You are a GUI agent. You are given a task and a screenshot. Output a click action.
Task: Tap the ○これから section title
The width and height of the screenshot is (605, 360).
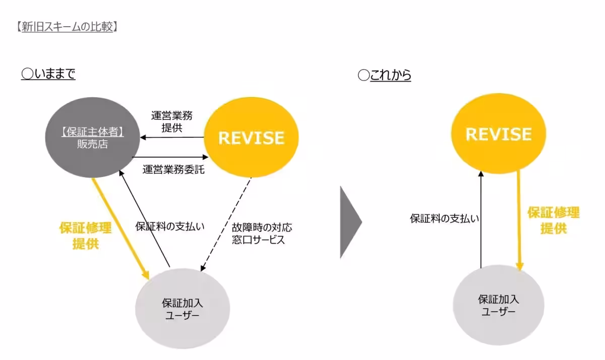point(385,75)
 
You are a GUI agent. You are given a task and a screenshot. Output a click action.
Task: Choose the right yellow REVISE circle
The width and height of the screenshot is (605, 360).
point(498,134)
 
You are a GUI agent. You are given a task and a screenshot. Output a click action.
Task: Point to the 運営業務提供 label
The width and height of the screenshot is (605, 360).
point(171,121)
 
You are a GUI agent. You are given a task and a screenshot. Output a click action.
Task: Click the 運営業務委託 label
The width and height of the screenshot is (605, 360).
point(173,169)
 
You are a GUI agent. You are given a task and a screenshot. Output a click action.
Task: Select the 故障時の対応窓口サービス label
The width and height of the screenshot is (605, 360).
point(261,233)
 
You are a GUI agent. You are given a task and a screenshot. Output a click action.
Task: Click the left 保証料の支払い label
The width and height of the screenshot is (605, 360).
point(170,226)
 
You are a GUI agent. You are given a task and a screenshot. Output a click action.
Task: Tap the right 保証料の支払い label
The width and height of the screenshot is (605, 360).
point(444,218)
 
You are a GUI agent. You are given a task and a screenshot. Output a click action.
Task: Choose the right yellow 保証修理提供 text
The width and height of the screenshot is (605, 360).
point(554,220)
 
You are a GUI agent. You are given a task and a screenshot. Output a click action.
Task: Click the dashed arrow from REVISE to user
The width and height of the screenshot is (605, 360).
point(227,224)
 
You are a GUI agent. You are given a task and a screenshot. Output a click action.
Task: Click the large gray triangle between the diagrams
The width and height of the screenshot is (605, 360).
point(350,221)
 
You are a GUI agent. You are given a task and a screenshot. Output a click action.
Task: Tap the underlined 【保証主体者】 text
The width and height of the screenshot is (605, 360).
point(92,132)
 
